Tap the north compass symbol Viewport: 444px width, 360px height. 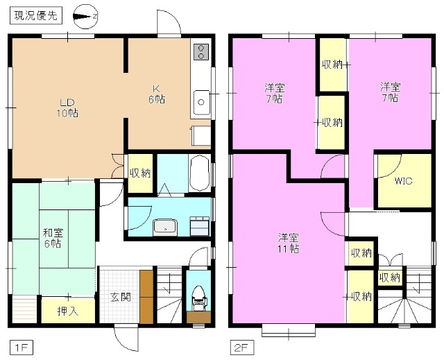click(85, 14)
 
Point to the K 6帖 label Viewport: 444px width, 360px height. click(158, 94)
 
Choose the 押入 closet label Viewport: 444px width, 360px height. click(67, 311)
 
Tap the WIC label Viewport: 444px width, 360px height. click(403, 181)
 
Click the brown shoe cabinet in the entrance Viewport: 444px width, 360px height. click(146, 297)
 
